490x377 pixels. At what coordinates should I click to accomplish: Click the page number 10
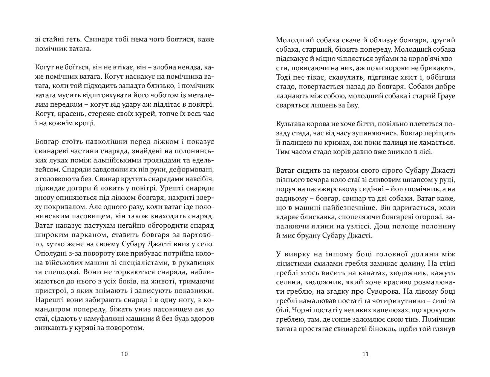coord(125,354)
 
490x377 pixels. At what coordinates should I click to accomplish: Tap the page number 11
coord(365,354)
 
